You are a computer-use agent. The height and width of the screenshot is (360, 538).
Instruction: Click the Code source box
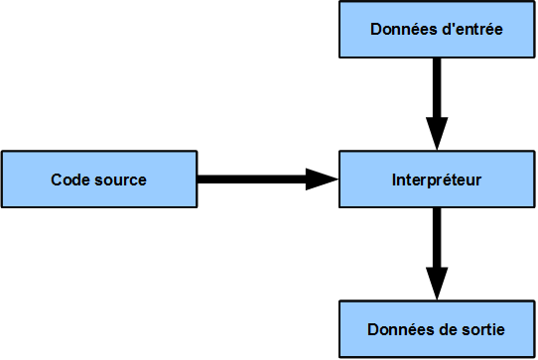[99, 180]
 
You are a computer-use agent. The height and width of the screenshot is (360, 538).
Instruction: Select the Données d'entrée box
[437, 30]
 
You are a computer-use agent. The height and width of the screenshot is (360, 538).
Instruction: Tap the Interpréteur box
[437, 180]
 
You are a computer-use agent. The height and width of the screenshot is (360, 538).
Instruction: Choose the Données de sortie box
[437, 328]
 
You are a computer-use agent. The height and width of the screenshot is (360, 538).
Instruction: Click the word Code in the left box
[68, 180]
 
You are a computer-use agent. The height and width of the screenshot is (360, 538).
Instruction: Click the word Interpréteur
[437, 180]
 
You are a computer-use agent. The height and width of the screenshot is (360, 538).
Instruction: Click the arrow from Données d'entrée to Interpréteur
[437, 99]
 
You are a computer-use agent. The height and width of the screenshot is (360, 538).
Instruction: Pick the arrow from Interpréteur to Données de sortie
[437, 248]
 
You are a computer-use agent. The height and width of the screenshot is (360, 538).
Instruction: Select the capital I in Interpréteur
[394, 180]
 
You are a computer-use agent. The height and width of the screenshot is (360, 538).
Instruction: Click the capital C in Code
[57, 180]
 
